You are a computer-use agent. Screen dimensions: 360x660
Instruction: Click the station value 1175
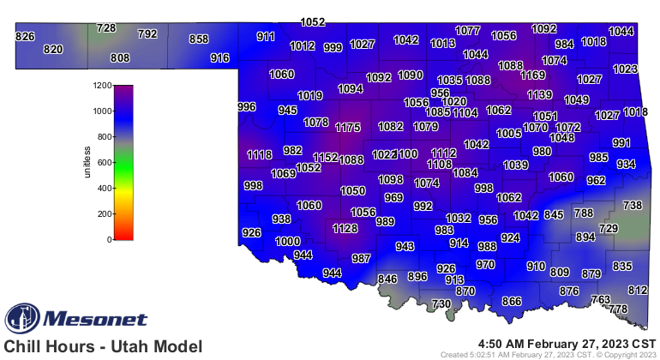point(348,128)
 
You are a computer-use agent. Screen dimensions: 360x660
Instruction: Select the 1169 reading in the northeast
point(533,75)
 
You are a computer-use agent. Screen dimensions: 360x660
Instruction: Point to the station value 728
point(105,28)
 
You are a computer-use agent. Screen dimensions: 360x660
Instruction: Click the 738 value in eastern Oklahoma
point(632,206)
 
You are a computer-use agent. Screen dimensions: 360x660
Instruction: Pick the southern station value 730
point(441,304)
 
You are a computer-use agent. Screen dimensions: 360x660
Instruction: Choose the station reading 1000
point(287,242)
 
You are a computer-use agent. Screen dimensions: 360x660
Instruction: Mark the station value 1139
point(539,95)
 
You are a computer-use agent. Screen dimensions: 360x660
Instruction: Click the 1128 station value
point(345,229)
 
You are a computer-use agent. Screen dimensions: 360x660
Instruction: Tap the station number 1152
point(325,158)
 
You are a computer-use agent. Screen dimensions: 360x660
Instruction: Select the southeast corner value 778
point(618,309)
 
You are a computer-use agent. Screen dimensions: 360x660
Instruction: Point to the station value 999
point(333,48)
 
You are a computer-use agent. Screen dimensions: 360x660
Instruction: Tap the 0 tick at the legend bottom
point(109,239)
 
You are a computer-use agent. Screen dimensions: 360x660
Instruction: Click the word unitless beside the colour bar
point(87,162)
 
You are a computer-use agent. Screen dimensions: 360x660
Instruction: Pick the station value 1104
point(465,112)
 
